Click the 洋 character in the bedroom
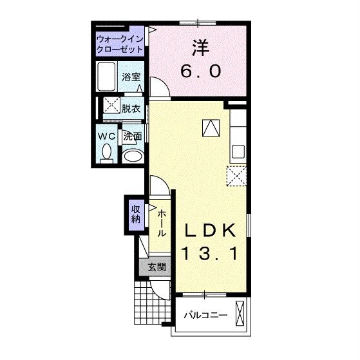[200, 48]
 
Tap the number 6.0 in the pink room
[201, 71]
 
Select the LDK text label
[211, 230]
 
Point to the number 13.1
[209, 254]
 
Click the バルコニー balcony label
[205, 315]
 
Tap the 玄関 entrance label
[156, 267]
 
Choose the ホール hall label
[162, 223]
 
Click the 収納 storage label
[135, 214]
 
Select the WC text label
[106, 137]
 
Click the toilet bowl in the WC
[107, 153]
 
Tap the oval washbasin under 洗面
[133, 156]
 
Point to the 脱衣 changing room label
[131, 109]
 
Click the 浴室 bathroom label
[131, 77]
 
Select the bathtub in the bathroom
[106, 77]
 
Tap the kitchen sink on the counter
[238, 152]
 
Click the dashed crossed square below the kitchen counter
[236, 176]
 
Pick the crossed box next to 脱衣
[111, 105]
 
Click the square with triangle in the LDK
[211, 128]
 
